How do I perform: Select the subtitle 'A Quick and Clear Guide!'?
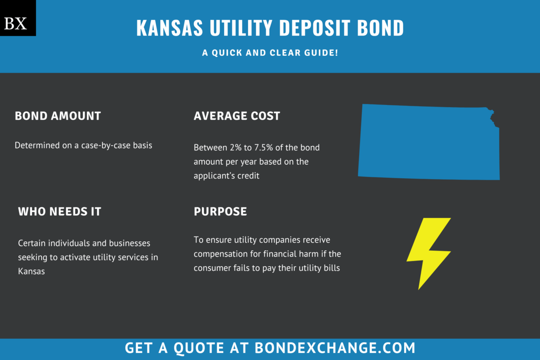[270, 53]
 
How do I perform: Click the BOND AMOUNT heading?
[58, 116]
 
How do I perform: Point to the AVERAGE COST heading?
[237, 116]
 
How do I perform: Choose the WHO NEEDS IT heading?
[59, 211]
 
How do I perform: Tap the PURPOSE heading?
[220, 211]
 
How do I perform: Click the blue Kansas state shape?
[427, 142]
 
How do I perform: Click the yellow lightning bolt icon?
[427, 252]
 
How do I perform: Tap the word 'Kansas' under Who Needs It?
[31, 271]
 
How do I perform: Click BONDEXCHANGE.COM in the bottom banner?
[335, 348]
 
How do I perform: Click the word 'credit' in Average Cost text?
[249, 175]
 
